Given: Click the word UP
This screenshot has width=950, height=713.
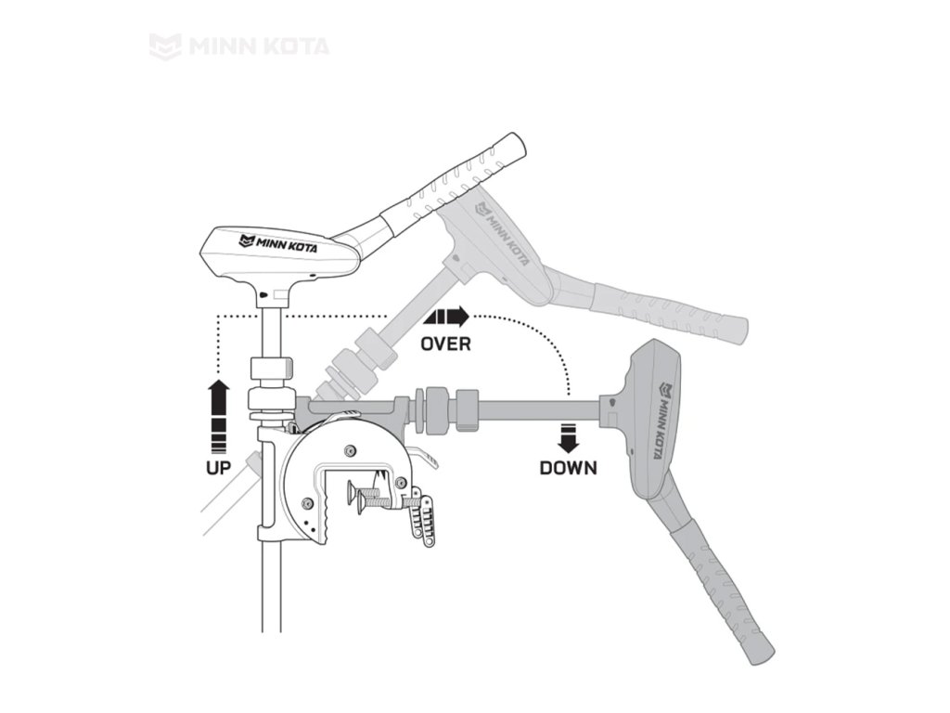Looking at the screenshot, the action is pyautogui.click(x=218, y=467).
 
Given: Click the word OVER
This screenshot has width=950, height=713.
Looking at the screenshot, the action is pyautogui.click(x=445, y=344).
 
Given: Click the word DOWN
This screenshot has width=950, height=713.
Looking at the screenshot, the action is pyautogui.click(x=569, y=467).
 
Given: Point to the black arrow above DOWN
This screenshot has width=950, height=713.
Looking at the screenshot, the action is pyautogui.click(x=569, y=436).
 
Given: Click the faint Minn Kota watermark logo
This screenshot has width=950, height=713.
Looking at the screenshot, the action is pyautogui.click(x=239, y=45).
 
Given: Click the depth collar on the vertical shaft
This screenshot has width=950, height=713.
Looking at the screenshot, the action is pyautogui.click(x=272, y=369).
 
